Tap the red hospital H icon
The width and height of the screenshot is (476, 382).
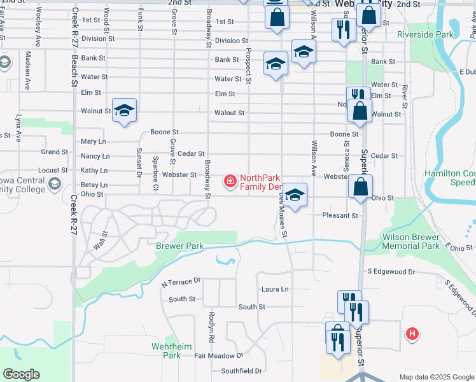(x=412, y=333)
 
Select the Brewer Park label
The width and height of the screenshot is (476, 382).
(x=179, y=246)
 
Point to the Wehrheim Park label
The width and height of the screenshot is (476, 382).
(x=167, y=351)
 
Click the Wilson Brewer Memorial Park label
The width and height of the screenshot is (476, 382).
(x=410, y=241)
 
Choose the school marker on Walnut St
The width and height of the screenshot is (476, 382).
(x=125, y=110)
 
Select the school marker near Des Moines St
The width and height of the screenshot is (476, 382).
(x=295, y=195)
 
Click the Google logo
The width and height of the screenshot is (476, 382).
(x=21, y=374)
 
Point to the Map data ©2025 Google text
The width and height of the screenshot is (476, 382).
(x=436, y=377)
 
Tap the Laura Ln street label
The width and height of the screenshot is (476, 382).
(x=275, y=289)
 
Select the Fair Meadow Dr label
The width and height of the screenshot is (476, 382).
(x=219, y=356)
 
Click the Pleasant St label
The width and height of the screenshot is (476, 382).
(x=340, y=216)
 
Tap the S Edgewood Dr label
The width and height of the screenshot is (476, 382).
(x=391, y=272)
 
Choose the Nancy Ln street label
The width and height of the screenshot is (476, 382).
(x=95, y=156)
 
